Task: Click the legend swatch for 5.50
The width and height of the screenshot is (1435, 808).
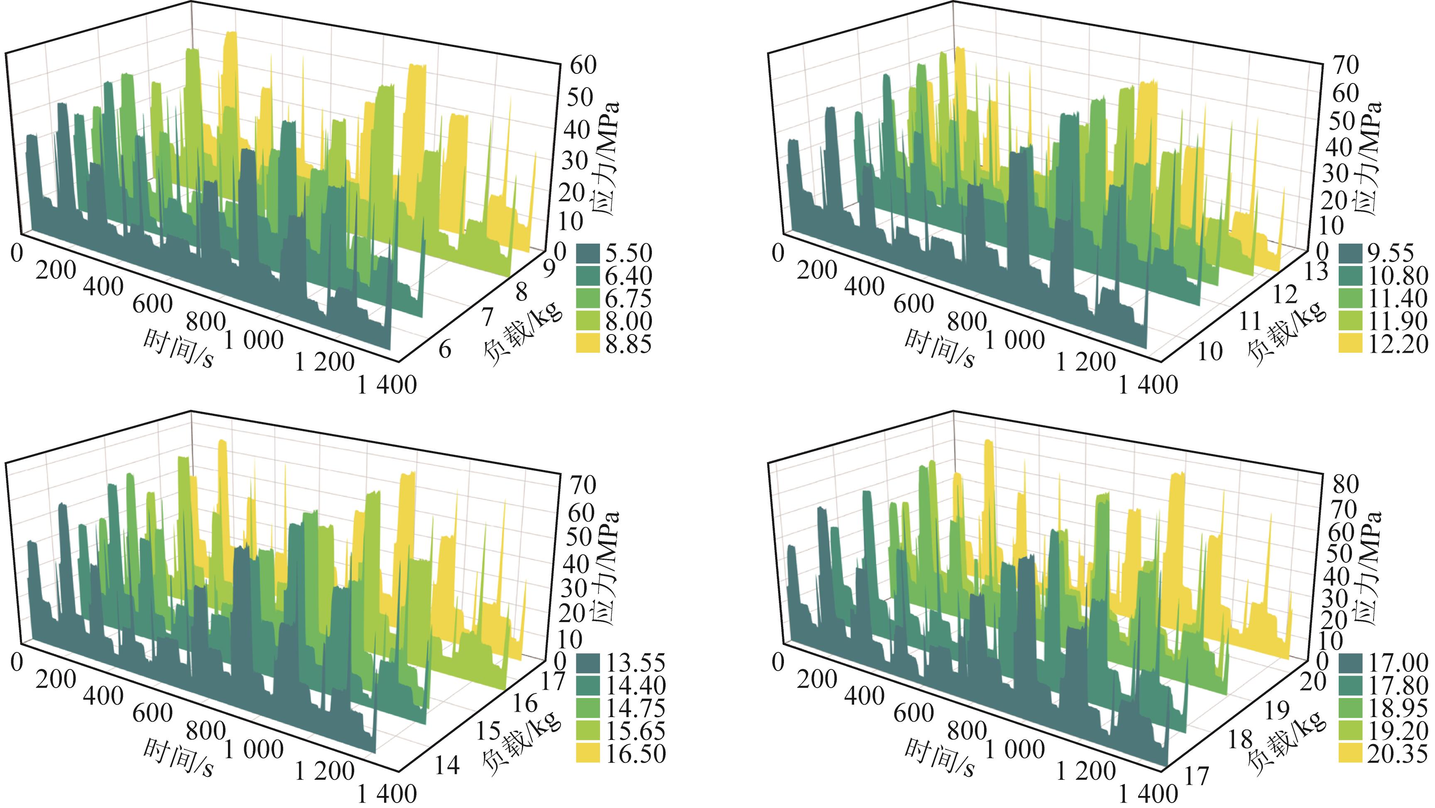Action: [588, 254]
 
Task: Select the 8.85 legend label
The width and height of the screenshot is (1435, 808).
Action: [628, 344]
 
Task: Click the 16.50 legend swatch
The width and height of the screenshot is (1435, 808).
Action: [588, 754]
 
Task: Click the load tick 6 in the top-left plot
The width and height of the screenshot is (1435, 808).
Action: [445, 350]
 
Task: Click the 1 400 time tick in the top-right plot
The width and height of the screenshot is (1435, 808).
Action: [1148, 385]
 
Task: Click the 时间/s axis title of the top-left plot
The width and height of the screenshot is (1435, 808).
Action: [178, 348]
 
